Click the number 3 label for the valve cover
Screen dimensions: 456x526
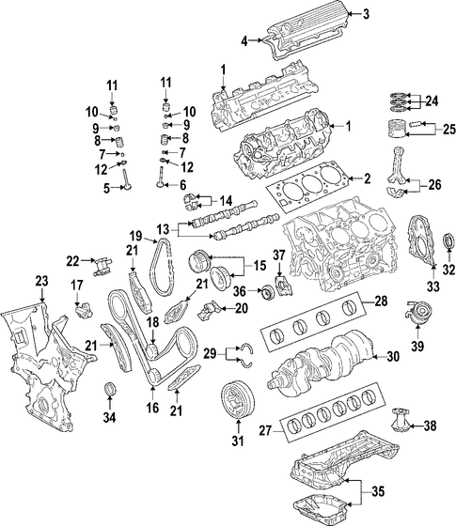[x=366, y=14]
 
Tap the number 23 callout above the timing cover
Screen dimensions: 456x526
[x=42, y=282]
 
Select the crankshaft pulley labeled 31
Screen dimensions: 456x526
[x=238, y=401]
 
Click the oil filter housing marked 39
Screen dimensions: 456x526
[x=418, y=313]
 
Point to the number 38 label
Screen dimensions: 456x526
[x=430, y=425]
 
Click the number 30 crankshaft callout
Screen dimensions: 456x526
[x=393, y=356]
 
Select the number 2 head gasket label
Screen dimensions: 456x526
[x=367, y=178]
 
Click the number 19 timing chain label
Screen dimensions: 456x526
[x=136, y=237]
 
